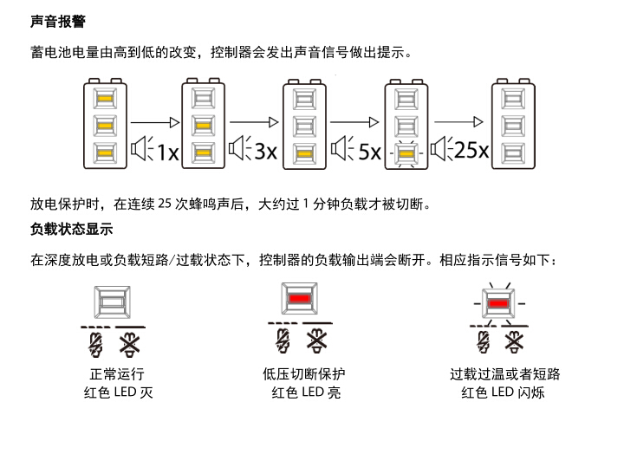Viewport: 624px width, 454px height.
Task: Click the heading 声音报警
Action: [x=58, y=22]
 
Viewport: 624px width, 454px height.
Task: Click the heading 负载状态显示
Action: [x=72, y=230]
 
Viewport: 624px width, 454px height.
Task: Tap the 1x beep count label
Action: [x=168, y=152]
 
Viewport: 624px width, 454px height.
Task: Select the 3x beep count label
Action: [x=266, y=152]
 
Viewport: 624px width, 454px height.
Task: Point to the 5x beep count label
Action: [x=370, y=152]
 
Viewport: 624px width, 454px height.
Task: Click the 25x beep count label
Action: [x=471, y=150]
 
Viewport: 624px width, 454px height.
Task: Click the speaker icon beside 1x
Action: [x=142, y=148]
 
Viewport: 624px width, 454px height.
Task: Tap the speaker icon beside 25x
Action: [x=442, y=149]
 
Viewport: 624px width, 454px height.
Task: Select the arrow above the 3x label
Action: [x=254, y=122]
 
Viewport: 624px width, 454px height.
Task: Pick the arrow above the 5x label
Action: [x=354, y=122]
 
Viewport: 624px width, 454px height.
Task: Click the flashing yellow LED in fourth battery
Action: [x=406, y=153]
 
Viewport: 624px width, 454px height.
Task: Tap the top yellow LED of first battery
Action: [x=105, y=99]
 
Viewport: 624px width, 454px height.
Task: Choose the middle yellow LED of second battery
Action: [x=203, y=126]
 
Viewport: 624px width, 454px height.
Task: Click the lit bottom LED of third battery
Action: [x=304, y=153]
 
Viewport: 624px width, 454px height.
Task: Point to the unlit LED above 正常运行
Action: [x=112, y=302]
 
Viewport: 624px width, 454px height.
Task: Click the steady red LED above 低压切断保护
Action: [x=300, y=298]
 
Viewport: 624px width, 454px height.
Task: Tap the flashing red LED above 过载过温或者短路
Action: [x=498, y=303]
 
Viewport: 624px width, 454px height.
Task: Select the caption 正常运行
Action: [x=117, y=374]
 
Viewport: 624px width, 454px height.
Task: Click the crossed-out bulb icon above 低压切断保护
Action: [x=317, y=340]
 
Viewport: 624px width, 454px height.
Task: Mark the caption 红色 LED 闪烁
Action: [x=503, y=392]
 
